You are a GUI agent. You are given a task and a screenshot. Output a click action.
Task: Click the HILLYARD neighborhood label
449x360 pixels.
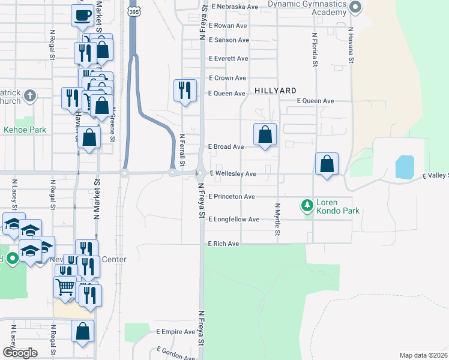pyautogui.click(x=276, y=90)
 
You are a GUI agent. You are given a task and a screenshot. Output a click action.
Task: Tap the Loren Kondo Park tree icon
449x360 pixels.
pyautogui.click(x=307, y=206)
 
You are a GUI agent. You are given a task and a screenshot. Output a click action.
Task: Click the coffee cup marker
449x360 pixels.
pyautogui.click(x=82, y=16)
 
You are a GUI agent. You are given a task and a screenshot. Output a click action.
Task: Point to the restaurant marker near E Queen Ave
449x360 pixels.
pyautogui.click(x=185, y=91)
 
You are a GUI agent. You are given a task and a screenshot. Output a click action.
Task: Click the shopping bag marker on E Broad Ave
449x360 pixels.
pyautogui.click(x=265, y=135)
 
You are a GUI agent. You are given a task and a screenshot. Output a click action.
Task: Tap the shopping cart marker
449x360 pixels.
pyautogui.click(x=65, y=286)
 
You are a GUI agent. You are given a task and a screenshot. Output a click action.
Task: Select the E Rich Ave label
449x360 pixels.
pyautogui.click(x=223, y=244)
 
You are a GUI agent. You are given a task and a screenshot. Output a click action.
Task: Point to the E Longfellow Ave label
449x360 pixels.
pyautogui.click(x=234, y=220)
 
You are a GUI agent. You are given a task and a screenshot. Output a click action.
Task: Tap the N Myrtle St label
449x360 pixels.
pyautogui.click(x=279, y=219)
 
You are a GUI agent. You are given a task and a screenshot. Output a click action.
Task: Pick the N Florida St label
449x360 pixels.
pyautogui.click(x=314, y=50)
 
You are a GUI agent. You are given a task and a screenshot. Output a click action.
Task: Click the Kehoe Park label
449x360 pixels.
pyautogui.click(x=25, y=130)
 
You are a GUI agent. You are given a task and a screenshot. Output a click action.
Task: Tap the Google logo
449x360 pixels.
pyautogui.click(x=19, y=353)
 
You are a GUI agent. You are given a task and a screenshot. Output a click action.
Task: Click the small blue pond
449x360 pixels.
pyautogui.click(x=405, y=167)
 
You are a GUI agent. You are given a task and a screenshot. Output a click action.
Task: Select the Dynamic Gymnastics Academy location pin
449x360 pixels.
pyautogui.click(x=355, y=8)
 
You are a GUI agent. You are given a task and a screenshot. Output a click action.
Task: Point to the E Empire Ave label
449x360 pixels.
pyautogui.click(x=176, y=332)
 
